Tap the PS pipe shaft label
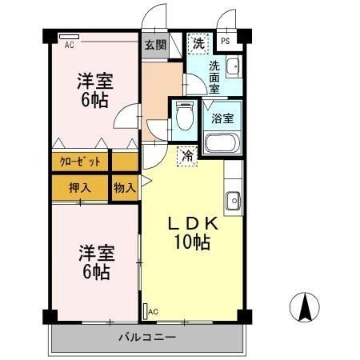click(x=225, y=41)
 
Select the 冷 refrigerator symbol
click(x=186, y=157)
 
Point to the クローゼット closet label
click(x=80, y=161)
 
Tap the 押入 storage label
click(x=79, y=187)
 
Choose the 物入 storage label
click(x=124, y=187)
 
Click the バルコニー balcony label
click(x=148, y=336)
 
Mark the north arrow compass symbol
click(x=306, y=307)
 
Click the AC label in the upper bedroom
click(x=70, y=45)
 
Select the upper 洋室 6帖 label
click(x=95, y=90)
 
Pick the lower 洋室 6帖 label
click(x=95, y=262)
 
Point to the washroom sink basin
click(x=232, y=66)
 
